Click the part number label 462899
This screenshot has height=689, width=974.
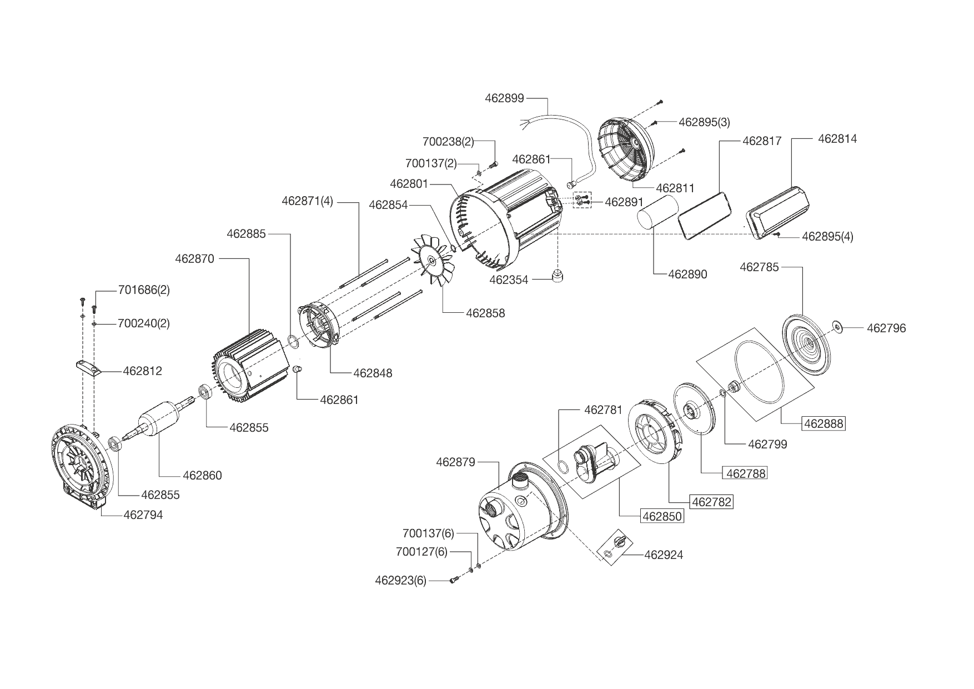pos(504,98)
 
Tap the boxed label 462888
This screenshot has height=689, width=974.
pos(824,423)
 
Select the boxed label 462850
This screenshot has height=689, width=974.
pos(662,516)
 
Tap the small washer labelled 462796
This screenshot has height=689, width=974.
pos(837,327)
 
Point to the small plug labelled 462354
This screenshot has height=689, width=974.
pos(557,276)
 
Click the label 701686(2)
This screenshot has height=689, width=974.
pos(144,290)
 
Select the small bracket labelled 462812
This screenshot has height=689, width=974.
pos(87,368)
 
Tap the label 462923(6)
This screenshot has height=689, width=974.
pos(400,581)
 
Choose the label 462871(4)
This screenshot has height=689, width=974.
pos(307,201)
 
